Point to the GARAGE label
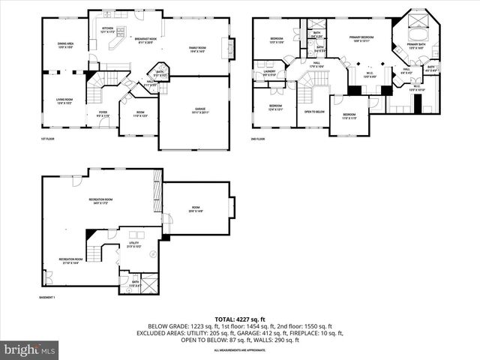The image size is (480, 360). click(197, 109)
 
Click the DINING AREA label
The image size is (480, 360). click(66, 46)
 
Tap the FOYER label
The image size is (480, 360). click(103, 115)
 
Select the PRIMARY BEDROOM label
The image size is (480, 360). click(361, 38)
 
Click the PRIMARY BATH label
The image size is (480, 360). click(416, 46)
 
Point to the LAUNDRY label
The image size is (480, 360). click(270, 73)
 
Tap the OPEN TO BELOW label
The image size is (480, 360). click(314, 112)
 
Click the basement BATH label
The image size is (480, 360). click(135, 283)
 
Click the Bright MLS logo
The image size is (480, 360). click(30, 349)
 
